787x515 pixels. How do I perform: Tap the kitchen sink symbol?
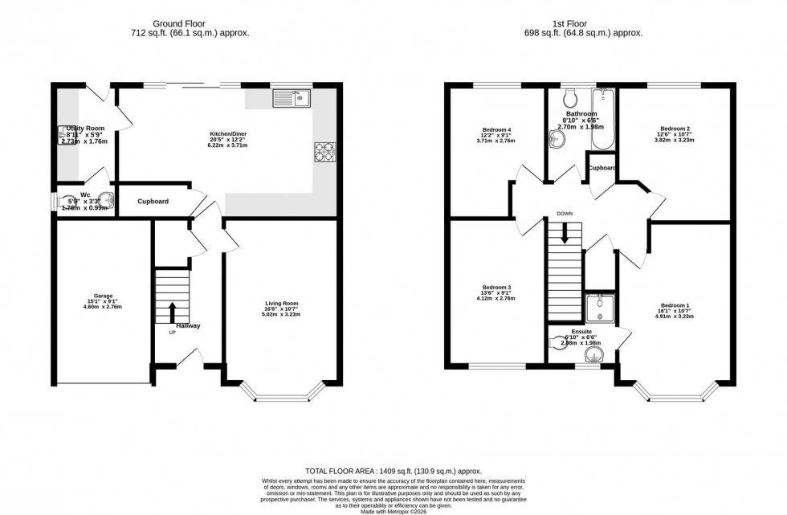pos(292,100)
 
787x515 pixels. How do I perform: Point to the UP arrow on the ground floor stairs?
pos(172,312)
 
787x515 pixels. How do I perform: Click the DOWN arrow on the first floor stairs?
pos(565,233)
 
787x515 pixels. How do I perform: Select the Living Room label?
pos(281,304)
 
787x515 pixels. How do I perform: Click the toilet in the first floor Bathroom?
pos(570,99)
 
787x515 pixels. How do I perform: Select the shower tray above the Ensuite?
pos(600,310)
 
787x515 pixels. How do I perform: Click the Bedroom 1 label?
pos(675,305)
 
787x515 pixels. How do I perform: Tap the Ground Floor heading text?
pos(190,24)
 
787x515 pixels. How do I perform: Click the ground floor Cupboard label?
pos(153,201)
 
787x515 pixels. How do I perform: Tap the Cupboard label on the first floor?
pos(601,168)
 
